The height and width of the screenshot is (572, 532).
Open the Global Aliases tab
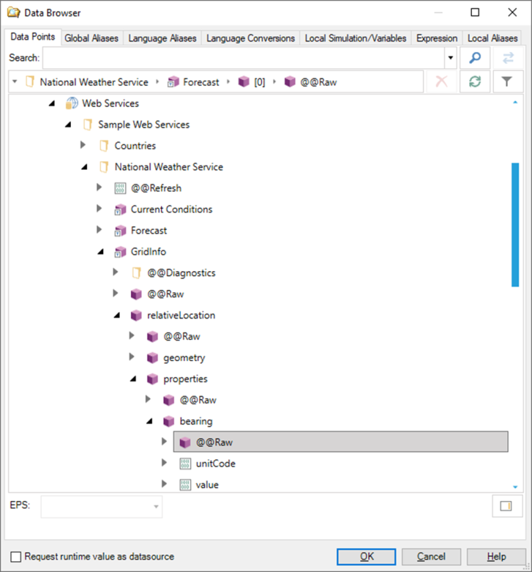pyautogui.click(x=91, y=38)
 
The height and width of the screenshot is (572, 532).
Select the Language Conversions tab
pyautogui.click(x=250, y=38)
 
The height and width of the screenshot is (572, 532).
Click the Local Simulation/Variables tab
pyautogui.click(x=355, y=38)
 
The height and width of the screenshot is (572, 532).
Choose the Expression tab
pyautogui.click(x=437, y=38)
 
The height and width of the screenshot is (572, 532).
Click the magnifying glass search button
pyautogui.click(x=475, y=58)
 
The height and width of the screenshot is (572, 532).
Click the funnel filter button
pyautogui.click(x=507, y=82)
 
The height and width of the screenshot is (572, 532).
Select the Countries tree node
pyautogui.click(x=134, y=145)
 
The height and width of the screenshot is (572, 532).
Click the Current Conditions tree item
pyautogui.click(x=171, y=209)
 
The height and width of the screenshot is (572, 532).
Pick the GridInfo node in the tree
pyautogui.click(x=148, y=251)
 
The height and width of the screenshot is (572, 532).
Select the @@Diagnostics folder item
pyautogui.click(x=181, y=272)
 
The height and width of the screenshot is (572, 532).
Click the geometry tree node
pyautogui.click(x=183, y=357)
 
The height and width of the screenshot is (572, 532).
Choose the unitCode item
pyautogui.click(x=216, y=463)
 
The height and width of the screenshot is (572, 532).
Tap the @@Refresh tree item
pyautogui.click(x=156, y=188)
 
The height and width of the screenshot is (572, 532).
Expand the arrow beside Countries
pyautogui.click(x=83, y=145)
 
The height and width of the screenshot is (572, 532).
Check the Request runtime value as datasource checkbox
pyautogui.click(x=16, y=556)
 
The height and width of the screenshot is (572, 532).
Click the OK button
pyautogui.click(x=367, y=556)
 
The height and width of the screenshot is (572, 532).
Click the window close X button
pyautogui.click(x=512, y=12)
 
